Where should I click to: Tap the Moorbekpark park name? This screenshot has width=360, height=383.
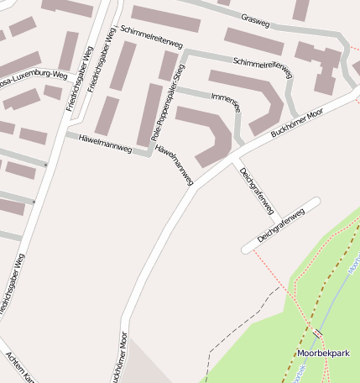coord(322,354)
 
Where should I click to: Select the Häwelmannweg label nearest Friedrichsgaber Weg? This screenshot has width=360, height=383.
coord(105,142)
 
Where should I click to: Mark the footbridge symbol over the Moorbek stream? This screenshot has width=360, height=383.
coord(317,334)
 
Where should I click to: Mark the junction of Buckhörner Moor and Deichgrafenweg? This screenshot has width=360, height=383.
coord(237,156)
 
